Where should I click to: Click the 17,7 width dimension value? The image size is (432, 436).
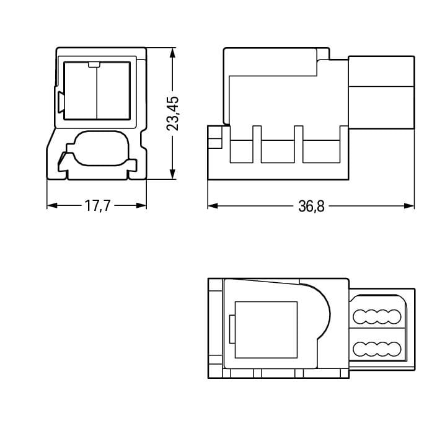97,206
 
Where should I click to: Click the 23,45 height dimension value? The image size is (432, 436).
172,113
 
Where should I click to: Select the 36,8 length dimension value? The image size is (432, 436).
311,207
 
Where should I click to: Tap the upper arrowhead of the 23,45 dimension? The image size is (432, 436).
172,53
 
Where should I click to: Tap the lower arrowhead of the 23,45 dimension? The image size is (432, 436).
172,174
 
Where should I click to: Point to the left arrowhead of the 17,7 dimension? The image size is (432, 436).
52,206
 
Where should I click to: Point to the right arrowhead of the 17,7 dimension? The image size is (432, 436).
141,206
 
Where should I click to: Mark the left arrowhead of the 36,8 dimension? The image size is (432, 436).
213,206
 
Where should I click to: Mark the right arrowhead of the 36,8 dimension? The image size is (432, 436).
409,206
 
